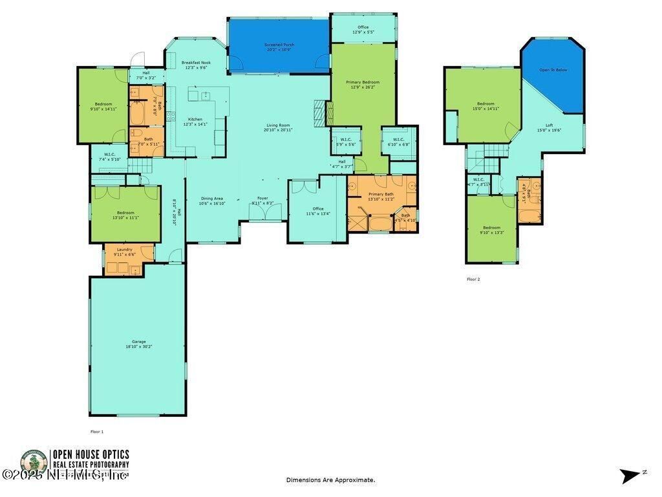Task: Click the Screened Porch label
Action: tap(279, 45)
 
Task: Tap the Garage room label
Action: tap(139, 342)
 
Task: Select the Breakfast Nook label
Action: tap(196, 63)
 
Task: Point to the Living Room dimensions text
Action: tap(278, 130)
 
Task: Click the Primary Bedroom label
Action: tap(363, 82)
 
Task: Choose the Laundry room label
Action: tap(124, 250)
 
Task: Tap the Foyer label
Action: tap(262, 198)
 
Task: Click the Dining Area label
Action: tap(212, 198)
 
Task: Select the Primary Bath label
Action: tap(381, 194)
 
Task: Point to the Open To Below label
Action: tap(553, 70)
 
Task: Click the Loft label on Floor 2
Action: tap(549, 125)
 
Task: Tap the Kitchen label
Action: tap(195, 119)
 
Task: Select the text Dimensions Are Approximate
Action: tap(330, 480)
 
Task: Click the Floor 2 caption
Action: tap(473, 280)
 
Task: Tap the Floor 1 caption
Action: tap(96, 431)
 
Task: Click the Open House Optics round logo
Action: tap(34, 463)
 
